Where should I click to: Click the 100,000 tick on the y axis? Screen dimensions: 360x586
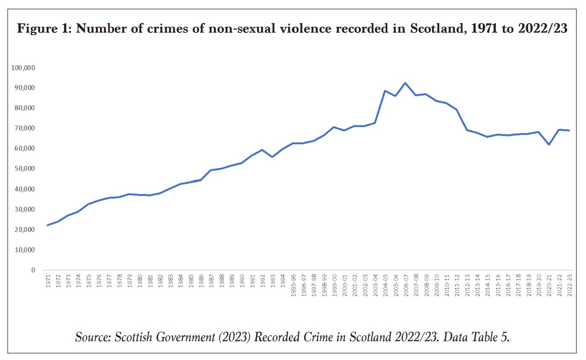[x=23, y=68]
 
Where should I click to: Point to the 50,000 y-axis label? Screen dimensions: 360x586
[x=24, y=169]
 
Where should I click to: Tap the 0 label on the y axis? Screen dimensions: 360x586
[x=33, y=270]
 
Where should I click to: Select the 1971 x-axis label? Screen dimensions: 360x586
[x=48, y=281]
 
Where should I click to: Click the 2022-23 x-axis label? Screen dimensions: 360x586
[x=570, y=284]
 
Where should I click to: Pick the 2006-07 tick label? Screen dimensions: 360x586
[x=406, y=284]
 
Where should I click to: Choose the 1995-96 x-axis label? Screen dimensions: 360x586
[x=293, y=284]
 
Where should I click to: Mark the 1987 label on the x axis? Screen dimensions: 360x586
[x=211, y=281]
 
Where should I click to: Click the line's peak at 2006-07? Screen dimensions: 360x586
[x=405, y=83]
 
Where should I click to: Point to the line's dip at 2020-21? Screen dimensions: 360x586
[x=549, y=144]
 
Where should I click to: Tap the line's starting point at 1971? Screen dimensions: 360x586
[x=48, y=225]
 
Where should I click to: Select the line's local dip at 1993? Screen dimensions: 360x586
[x=272, y=157]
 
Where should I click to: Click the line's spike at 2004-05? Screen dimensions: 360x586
[x=385, y=91]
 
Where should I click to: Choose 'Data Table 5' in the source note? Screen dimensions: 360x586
[x=476, y=337]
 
